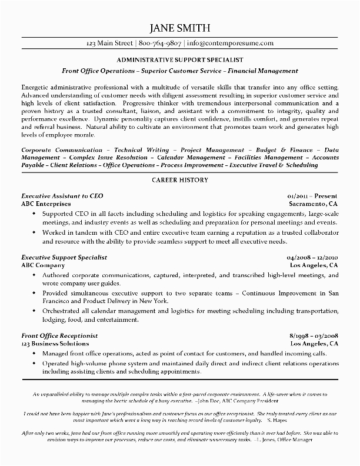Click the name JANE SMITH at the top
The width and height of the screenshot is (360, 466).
tap(180, 29)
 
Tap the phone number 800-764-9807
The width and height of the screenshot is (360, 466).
tap(161, 43)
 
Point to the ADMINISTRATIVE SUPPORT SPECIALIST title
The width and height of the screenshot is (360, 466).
tap(180, 60)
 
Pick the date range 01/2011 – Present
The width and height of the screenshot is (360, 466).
tap(313, 194)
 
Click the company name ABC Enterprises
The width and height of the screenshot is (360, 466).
tap(46, 203)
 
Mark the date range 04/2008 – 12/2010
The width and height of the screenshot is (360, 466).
tap(312, 257)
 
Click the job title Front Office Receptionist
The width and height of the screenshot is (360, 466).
tap(59, 335)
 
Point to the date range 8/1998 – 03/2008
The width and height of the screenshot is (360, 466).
tap(314, 335)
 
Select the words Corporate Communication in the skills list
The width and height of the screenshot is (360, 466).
tap(62, 150)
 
